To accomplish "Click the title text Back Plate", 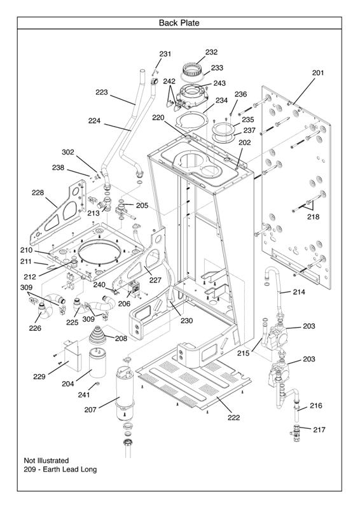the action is coord(179,23).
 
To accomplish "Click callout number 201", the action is coord(318,73).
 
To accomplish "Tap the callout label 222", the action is coord(233,417).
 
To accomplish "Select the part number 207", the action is coord(90,410).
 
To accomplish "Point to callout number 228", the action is coord(38,193).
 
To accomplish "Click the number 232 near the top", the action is coord(211,52).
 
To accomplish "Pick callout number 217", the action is coord(319,430).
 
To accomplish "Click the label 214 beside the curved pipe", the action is coord(299,292).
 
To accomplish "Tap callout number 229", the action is coord(39,377).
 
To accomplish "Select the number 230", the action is coord(186,321).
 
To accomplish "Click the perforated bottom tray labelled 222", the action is coord(194,383).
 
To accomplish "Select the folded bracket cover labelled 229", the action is coord(71,354).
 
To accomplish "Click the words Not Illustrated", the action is coord(46,460).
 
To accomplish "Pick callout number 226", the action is coord(35,328).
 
